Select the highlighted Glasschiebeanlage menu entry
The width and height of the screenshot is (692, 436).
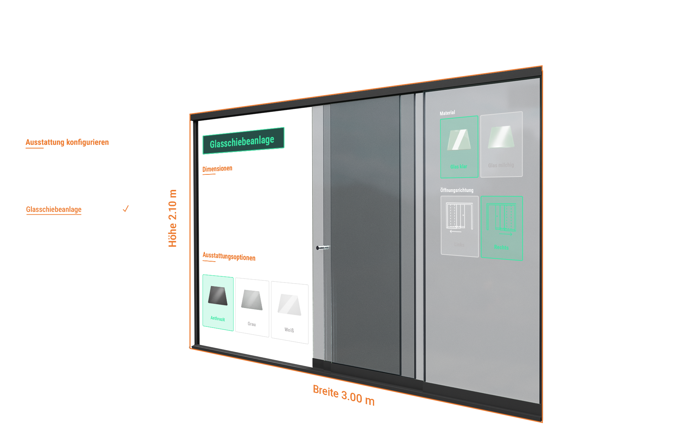tap(54, 209)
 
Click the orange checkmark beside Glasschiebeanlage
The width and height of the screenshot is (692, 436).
tap(126, 209)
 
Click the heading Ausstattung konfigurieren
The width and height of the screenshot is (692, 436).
tap(67, 142)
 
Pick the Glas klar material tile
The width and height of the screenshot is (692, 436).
tap(459, 147)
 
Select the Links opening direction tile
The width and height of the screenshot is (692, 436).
tap(460, 226)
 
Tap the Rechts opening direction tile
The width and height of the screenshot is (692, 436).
tap(502, 228)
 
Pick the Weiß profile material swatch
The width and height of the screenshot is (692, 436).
tap(289, 312)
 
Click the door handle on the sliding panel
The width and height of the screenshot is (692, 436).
tap(323, 248)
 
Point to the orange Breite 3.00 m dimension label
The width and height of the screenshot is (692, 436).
tap(343, 395)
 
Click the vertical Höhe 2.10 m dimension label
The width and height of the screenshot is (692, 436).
tap(173, 218)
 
